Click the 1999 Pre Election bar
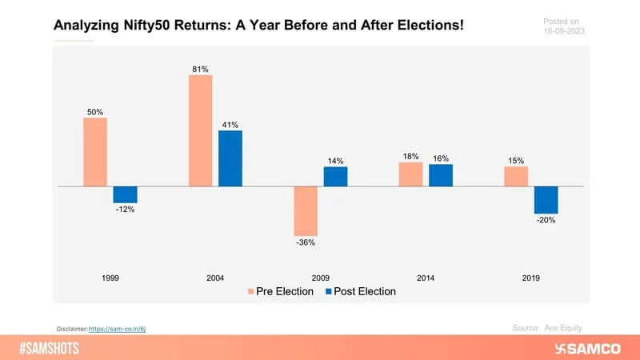[94, 152]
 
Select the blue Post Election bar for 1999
[125, 194]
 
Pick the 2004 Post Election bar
[230, 158]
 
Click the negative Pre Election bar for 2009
[305, 210]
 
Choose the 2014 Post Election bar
[440, 175]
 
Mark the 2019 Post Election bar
[546, 200]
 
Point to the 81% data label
[199, 70]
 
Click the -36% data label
[305, 242]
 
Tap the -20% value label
[546, 220]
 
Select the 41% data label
[230, 125]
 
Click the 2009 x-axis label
[320, 278]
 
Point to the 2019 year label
[530, 278]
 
